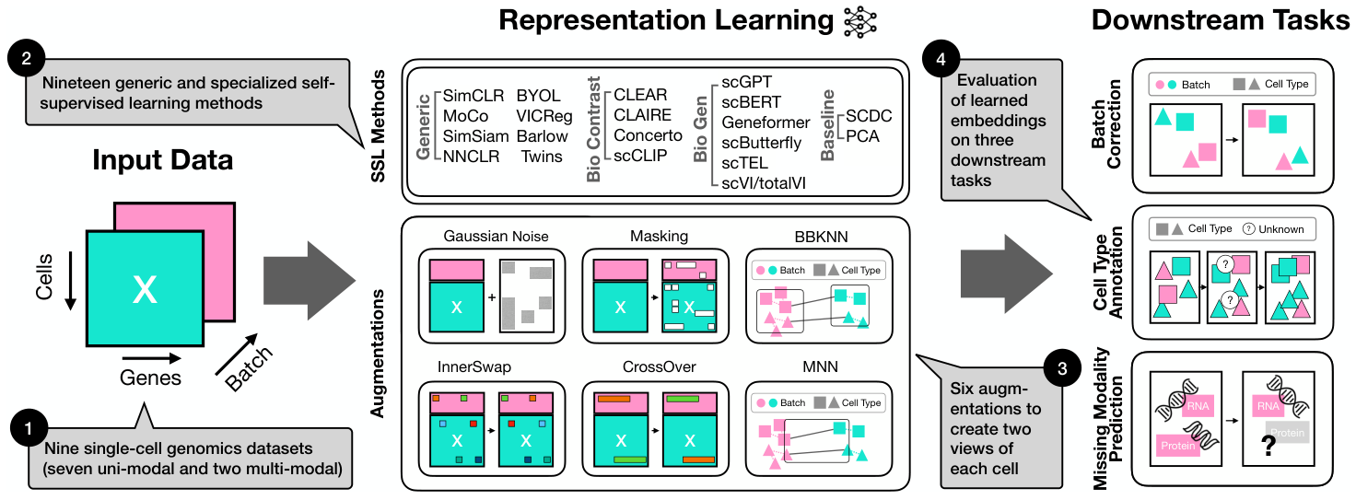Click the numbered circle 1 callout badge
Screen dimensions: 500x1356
[x=29, y=429]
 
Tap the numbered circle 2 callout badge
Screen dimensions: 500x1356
[x=28, y=60]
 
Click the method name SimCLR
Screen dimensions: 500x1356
[x=471, y=96]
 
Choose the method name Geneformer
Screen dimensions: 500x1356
[x=766, y=122]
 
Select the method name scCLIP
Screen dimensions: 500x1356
[x=640, y=156]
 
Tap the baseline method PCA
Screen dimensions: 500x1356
[x=863, y=136]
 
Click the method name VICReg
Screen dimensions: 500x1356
[x=544, y=116]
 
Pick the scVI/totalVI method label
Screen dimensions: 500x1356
[x=764, y=183]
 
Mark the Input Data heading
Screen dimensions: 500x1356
[x=162, y=161]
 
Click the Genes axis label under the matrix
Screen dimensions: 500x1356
[x=150, y=378]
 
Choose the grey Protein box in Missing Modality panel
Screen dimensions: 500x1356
[x=1287, y=433]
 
